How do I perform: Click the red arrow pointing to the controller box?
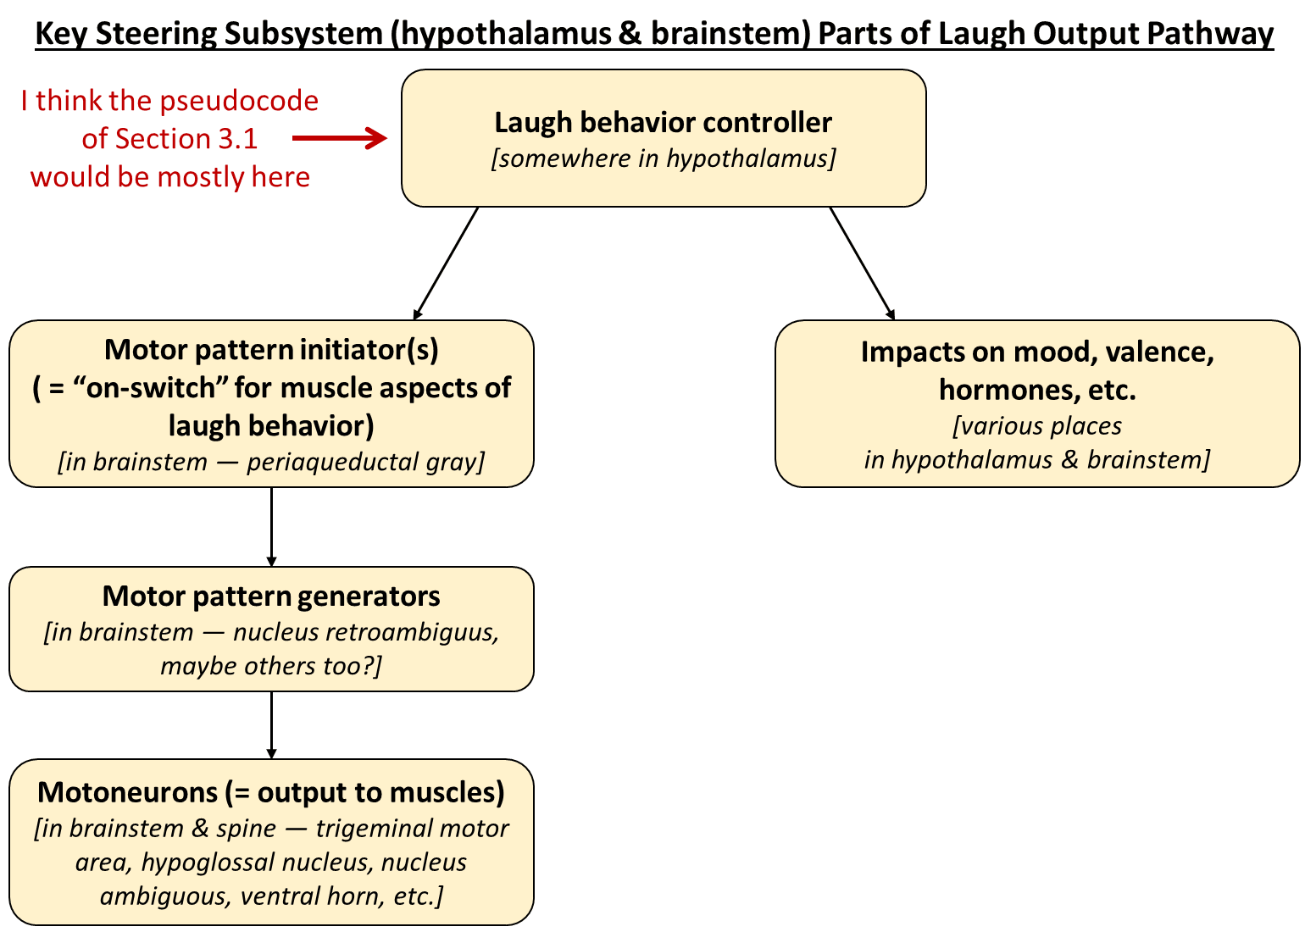pyautogui.click(x=339, y=138)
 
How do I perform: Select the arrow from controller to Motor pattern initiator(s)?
pyautogui.click(x=447, y=263)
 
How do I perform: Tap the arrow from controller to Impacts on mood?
pyautogui.click(x=862, y=263)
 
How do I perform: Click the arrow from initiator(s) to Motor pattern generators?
pyautogui.click(x=271, y=526)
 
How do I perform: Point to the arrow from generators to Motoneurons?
pyautogui.click(x=271, y=724)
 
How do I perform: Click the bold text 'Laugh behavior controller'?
pyautogui.click(x=663, y=122)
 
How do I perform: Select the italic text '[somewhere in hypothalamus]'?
pyautogui.click(x=663, y=158)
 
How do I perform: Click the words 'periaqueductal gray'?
pyautogui.click(x=364, y=462)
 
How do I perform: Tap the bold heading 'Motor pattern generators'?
pyautogui.click(x=271, y=596)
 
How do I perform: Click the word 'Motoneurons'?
pyautogui.click(x=128, y=792)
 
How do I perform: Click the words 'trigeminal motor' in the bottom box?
pyautogui.click(x=412, y=828)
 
